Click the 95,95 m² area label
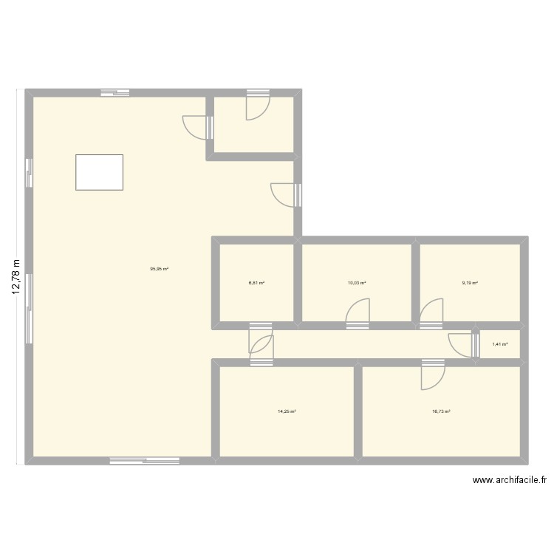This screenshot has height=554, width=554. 159,269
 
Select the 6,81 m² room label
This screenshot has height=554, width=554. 256,282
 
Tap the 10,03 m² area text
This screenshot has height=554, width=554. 357,282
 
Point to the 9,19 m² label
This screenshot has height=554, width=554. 470,282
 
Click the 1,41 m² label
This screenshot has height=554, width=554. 500,344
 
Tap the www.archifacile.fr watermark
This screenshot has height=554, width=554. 510,479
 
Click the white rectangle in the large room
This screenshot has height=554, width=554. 99,172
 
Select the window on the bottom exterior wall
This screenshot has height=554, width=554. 145,462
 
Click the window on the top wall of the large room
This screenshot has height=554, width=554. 115,92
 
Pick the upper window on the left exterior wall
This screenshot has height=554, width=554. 29,173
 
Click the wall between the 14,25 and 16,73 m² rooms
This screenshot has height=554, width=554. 358,411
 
